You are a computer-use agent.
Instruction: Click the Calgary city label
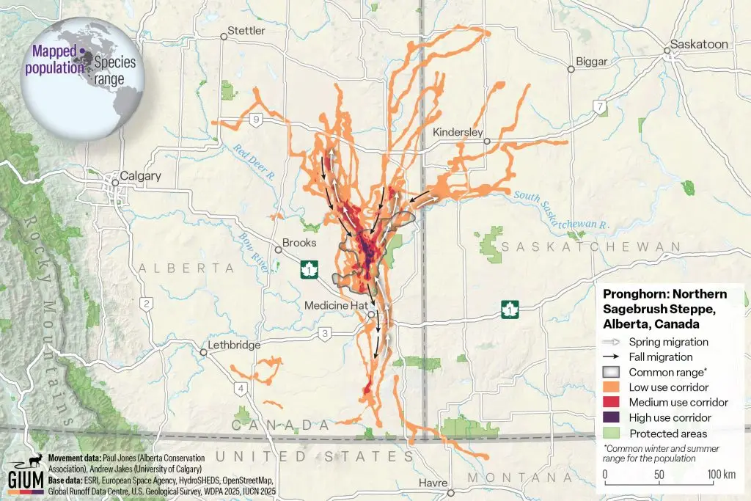(x=136, y=176)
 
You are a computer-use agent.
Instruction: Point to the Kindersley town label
(x=458, y=132)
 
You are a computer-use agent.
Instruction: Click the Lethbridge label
(x=235, y=345)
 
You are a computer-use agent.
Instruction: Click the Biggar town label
(x=593, y=62)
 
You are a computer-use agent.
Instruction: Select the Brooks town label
(x=299, y=243)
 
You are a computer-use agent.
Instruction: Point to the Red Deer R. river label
(x=254, y=161)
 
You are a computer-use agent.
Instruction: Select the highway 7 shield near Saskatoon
(x=601, y=107)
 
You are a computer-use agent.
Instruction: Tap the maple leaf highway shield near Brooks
(x=309, y=270)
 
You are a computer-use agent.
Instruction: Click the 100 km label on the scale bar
(x=721, y=473)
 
